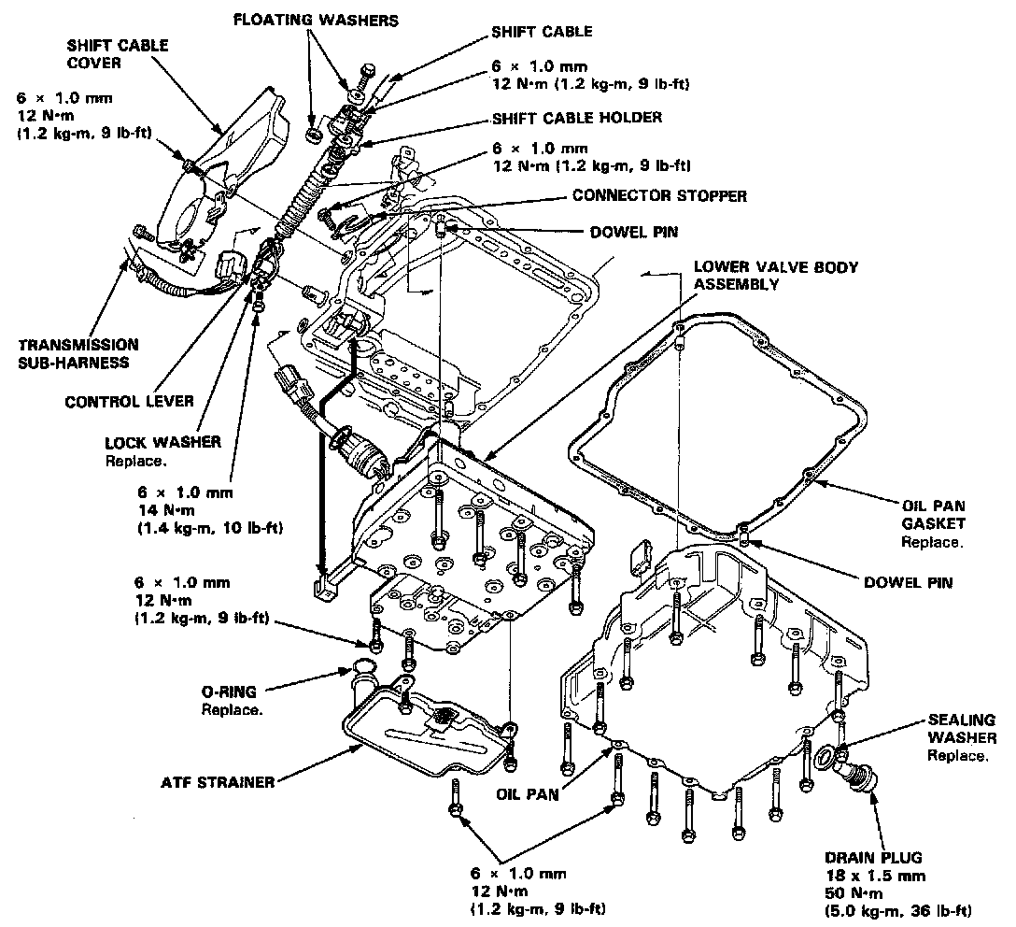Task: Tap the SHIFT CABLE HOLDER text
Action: click(576, 117)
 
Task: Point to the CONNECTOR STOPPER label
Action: click(659, 196)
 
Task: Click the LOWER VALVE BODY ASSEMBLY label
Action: click(775, 275)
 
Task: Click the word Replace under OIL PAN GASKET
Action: click(931, 542)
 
